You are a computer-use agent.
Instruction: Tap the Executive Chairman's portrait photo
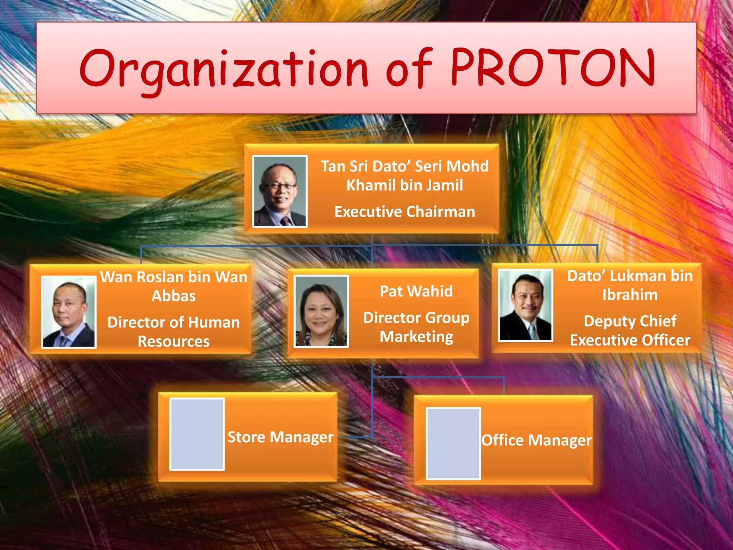(x=280, y=191)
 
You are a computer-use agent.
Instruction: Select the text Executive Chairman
(x=404, y=212)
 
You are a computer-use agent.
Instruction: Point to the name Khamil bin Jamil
(x=404, y=185)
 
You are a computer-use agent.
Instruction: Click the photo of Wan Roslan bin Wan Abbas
(x=69, y=312)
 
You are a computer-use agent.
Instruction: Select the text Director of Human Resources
(x=174, y=332)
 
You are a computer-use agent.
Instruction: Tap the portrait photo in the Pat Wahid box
(x=321, y=311)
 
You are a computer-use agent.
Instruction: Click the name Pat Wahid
(x=416, y=291)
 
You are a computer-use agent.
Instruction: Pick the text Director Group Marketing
(x=416, y=327)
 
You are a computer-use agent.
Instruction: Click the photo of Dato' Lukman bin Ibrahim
(x=525, y=305)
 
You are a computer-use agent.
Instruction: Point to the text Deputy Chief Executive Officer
(x=630, y=331)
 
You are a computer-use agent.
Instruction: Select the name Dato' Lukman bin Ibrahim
(x=630, y=285)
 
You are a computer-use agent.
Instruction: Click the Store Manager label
(x=280, y=437)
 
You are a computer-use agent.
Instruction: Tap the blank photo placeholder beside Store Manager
(x=197, y=434)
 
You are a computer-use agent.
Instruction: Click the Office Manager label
(x=536, y=440)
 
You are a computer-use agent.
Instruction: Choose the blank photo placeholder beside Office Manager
(x=453, y=443)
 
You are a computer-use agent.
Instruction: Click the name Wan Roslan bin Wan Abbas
(x=174, y=286)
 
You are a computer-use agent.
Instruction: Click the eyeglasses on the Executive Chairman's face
(x=279, y=186)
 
